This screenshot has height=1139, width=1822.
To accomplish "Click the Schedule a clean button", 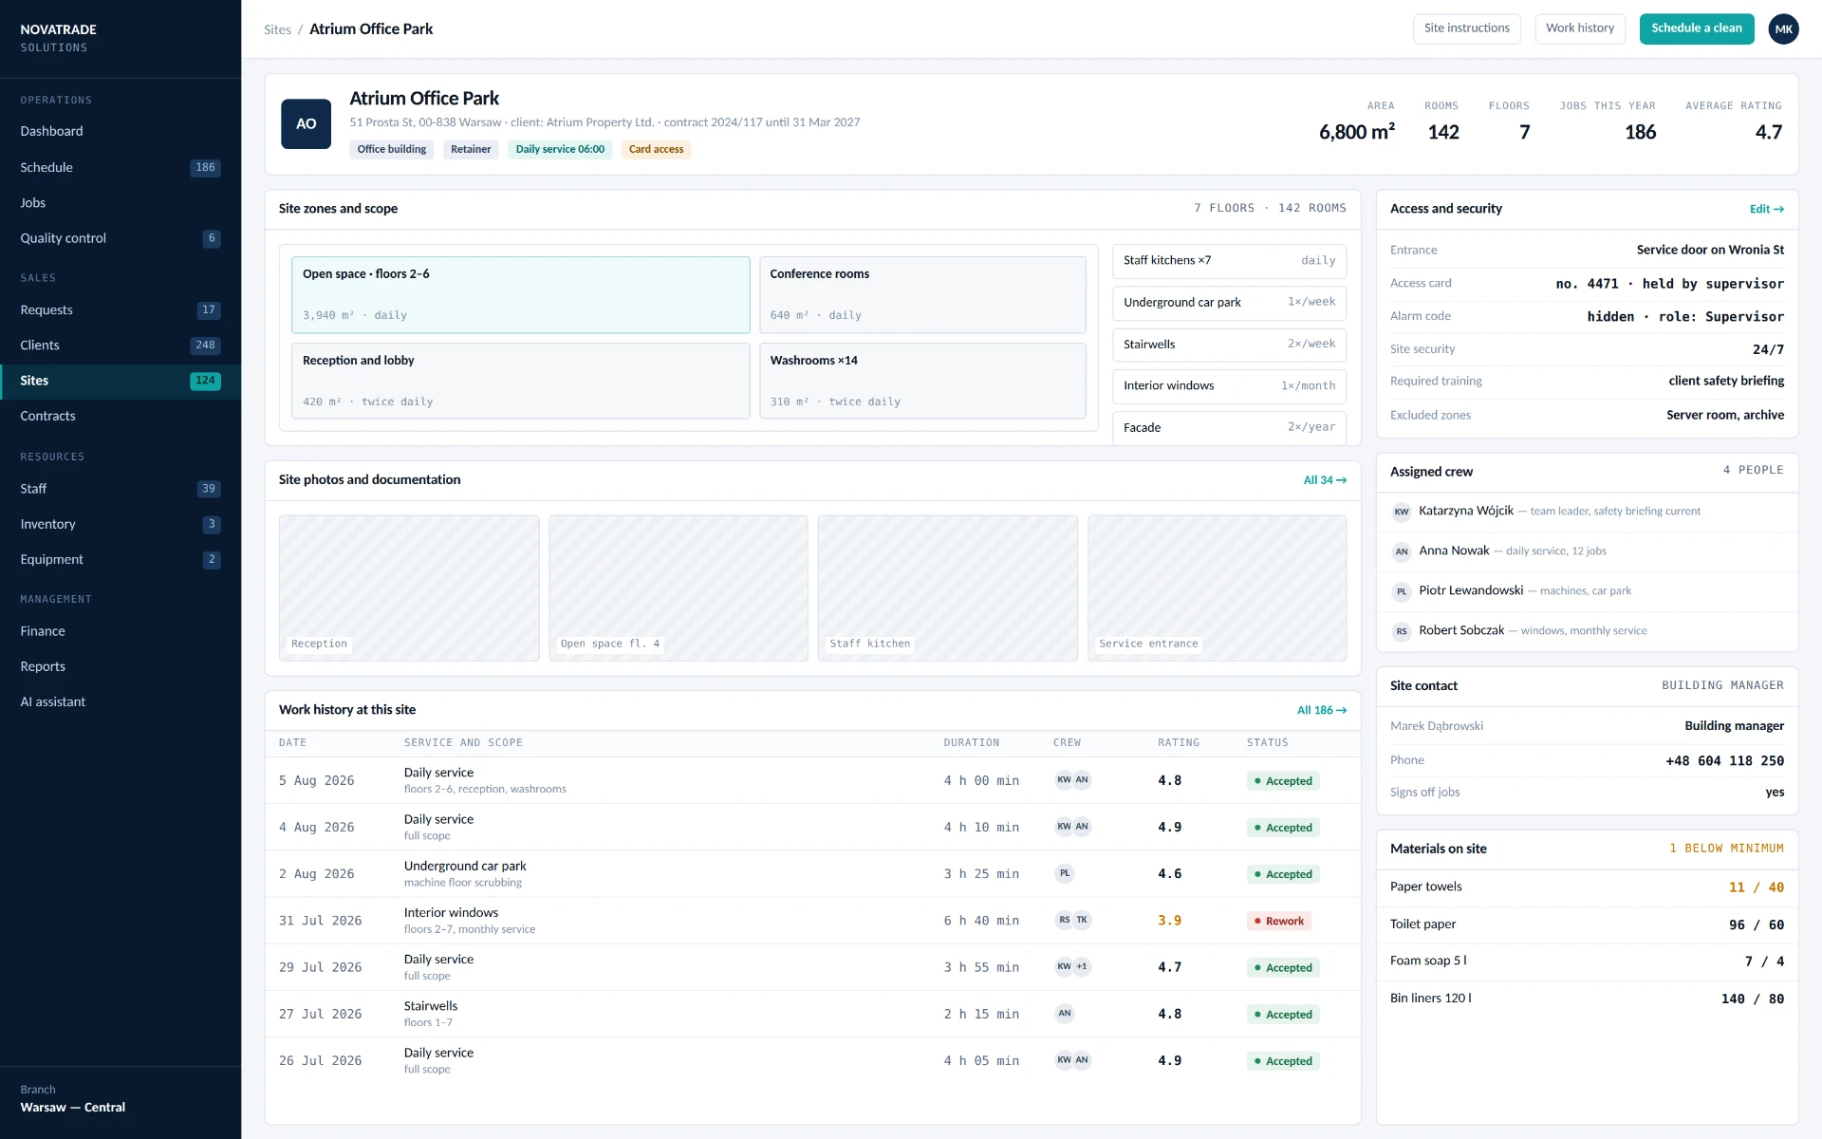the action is click(x=1697, y=28).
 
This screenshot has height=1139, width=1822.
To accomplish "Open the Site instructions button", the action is click(x=1466, y=28).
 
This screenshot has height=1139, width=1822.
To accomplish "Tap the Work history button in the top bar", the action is click(x=1580, y=28).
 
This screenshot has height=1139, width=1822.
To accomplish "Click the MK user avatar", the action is click(x=1784, y=28).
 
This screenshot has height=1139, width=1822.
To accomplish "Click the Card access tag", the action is click(x=656, y=149).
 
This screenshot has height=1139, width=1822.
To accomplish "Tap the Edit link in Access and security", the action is click(x=1767, y=209).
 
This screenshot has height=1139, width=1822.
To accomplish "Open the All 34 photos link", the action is click(x=1325, y=480).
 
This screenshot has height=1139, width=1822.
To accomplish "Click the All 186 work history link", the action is click(x=1322, y=710).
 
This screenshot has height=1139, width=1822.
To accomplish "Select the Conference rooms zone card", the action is click(x=922, y=294).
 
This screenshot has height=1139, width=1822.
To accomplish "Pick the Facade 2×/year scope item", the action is click(x=1229, y=427).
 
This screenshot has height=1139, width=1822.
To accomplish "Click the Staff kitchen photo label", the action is click(x=869, y=644).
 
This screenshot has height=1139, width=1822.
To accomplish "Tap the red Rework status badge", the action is click(x=1279, y=921).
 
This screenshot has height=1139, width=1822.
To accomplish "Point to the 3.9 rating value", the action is click(x=1169, y=921).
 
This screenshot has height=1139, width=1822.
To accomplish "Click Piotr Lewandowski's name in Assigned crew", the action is click(x=1471, y=590).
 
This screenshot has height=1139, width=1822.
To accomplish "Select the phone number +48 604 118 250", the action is click(x=1724, y=760).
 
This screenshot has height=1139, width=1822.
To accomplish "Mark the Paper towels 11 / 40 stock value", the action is click(x=1756, y=887).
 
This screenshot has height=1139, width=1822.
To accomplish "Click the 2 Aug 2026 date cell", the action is click(x=316, y=874).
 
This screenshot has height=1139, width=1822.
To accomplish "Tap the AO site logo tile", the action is click(x=306, y=124).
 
